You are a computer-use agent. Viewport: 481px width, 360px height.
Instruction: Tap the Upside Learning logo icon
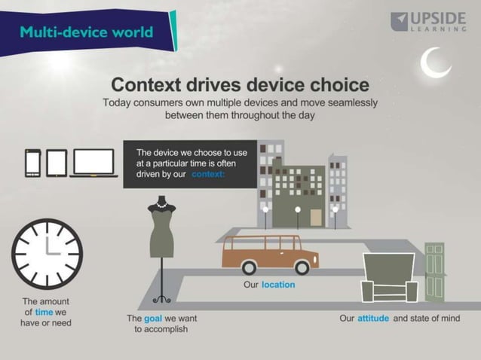(x=400, y=22)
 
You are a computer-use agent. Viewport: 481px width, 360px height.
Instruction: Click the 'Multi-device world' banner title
(x=86, y=32)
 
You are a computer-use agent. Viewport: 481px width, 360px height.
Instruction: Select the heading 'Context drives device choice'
(x=240, y=84)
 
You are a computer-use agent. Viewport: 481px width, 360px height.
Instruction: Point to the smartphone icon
(x=33, y=162)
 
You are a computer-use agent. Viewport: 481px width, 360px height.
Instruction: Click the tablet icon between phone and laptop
(x=57, y=162)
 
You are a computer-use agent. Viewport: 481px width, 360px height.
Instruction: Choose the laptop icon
(x=93, y=163)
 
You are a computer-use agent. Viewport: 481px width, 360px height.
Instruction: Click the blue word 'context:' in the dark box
(x=208, y=175)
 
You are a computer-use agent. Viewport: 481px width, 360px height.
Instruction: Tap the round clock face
(x=47, y=254)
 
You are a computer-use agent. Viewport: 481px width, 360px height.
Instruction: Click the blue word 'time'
(x=44, y=312)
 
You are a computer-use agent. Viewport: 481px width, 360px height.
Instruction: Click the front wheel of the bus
(x=302, y=267)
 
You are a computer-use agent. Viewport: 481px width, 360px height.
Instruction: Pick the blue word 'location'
(x=278, y=285)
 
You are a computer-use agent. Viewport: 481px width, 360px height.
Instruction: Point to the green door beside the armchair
(x=435, y=271)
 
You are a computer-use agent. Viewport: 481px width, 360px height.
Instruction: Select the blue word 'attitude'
(x=373, y=319)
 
